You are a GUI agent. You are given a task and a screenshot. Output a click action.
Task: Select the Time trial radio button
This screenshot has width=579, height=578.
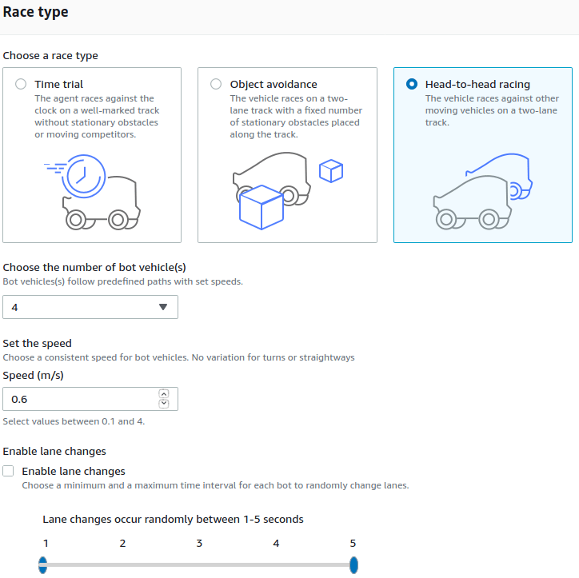(20, 84)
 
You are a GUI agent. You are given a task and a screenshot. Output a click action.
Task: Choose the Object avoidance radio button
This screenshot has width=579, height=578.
(215, 84)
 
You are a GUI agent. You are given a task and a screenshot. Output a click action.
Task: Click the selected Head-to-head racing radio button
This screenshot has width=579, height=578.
(411, 84)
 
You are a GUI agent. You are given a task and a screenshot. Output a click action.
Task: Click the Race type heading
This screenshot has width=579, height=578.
(36, 13)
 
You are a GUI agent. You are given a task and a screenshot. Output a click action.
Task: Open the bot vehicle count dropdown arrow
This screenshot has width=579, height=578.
(163, 307)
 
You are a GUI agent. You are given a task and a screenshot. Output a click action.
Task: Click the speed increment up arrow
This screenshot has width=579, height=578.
(164, 393)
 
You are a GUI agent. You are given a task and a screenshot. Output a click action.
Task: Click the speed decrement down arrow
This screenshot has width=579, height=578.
(164, 404)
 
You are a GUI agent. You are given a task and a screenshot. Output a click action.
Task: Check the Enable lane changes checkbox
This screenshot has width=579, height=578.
(9, 471)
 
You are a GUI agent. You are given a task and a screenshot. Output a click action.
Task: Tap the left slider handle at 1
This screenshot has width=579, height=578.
(42, 566)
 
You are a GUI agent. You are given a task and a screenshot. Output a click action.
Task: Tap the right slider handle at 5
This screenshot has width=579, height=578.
(353, 566)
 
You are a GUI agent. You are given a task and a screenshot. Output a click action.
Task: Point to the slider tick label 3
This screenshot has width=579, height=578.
(199, 544)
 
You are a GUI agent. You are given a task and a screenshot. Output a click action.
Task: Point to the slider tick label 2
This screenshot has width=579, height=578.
(122, 544)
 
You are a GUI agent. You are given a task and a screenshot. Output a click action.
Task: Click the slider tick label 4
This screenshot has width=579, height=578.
(276, 544)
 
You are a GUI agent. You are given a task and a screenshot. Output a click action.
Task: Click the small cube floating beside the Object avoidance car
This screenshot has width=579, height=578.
(330, 171)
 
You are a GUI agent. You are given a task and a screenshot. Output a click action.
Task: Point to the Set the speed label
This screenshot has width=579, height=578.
(37, 343)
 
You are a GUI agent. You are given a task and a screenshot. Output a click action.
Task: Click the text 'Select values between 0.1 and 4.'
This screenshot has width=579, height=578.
(78, 421)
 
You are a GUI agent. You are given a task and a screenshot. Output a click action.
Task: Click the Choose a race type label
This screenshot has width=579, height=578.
(50, 56)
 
